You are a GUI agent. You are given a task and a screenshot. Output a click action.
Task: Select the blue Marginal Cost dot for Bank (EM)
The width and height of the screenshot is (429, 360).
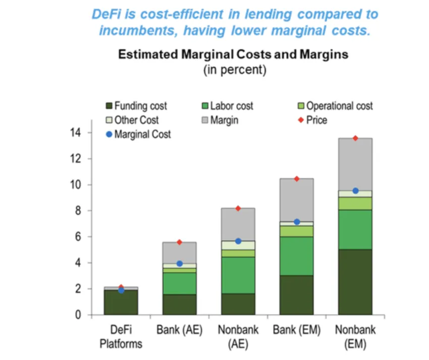coord(297,222)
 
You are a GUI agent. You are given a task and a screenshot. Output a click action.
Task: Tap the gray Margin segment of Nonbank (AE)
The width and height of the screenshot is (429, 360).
coord(238,224)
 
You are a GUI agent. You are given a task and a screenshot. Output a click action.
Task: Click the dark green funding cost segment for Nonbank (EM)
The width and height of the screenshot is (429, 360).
coord(355,282)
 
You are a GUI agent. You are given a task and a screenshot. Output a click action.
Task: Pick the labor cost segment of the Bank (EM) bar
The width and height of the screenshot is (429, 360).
coord(297,256)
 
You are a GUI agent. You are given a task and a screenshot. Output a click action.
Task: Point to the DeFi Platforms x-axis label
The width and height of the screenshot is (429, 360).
coord(121,337)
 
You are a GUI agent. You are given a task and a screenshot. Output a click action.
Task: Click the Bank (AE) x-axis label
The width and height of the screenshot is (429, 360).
coord(180,330)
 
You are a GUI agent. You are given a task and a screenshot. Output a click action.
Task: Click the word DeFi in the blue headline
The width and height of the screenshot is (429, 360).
coord(106,14)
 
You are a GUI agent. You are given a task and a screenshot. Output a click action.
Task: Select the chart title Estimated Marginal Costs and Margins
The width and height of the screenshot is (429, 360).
coord(233,55)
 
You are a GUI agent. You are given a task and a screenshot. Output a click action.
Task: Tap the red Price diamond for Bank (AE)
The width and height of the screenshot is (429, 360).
coord(180,242)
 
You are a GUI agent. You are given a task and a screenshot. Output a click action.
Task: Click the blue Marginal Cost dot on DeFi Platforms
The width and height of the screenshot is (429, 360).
coord(121,290)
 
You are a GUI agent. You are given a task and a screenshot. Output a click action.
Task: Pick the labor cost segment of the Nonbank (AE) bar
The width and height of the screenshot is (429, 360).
coord(238,275)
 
